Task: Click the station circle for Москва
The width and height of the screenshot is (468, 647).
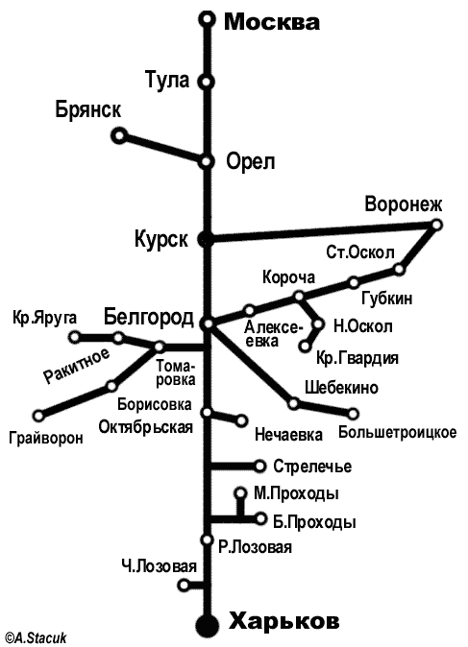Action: [x=207, y=19]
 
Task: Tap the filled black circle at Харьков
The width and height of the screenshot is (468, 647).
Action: [x=207, y=626]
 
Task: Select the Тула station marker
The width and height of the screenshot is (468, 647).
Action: [x=207, y=82]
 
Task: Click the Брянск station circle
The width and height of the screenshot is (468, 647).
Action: [x=120, y=135]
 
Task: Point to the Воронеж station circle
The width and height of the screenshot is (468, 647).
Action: [x=436, y=225]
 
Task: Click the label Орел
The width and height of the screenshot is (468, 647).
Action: [x=250, y=162]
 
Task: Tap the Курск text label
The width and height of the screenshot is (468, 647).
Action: [x=161, y=239]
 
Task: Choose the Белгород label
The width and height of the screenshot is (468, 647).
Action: [x=149, y=318]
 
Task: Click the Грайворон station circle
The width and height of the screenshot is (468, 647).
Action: [x=38, y=415]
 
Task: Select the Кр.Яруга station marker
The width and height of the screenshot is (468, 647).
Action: [x=75, y=337]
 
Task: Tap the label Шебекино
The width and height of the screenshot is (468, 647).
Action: [x=341, y=388]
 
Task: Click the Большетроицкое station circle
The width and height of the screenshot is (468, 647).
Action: [x=353, y=414]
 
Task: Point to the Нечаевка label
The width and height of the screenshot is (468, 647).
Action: [x=288, y=435]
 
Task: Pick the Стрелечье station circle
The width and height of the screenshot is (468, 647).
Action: [x=259, y=467]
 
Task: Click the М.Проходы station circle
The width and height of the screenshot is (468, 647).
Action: [x=240, y=492]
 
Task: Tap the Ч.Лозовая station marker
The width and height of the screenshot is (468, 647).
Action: [x=184, y=585]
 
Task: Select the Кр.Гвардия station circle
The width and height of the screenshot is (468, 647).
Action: [x=305, y=347]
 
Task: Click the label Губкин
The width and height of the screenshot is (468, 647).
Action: [x=387, y=298]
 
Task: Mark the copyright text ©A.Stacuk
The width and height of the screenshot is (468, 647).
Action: [x=34, y=638]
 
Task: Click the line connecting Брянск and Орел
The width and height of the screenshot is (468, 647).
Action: [x=163, y=149]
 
